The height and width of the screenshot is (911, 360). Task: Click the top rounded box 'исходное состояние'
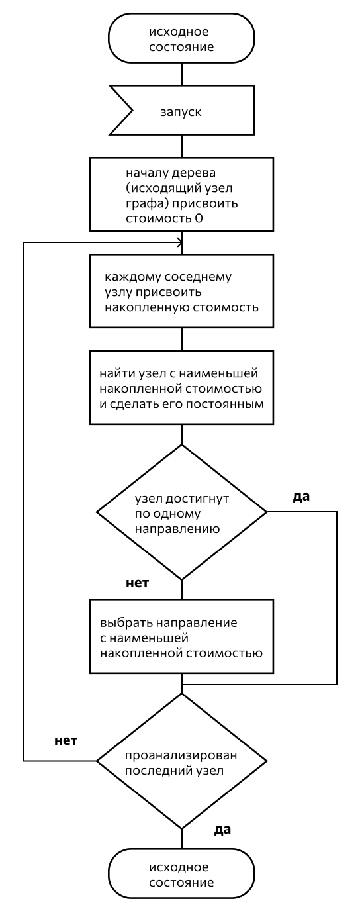(x=181, y=39)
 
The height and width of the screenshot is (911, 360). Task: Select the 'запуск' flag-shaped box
(x=181, y=110)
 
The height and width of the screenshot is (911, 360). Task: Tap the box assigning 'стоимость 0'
(x=181, y=195)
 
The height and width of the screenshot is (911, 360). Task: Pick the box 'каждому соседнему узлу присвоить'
(x=181, y=291)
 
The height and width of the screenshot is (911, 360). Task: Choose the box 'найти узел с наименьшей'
(x=181, y=388)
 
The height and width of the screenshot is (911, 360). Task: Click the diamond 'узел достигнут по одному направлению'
(x=181, y=512)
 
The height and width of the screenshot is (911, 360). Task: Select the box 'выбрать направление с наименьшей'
(x=181, y=637)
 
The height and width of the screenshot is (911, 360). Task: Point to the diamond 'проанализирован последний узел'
(x=181, y=761)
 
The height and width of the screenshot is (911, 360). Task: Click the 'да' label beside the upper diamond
(x=301, y=497)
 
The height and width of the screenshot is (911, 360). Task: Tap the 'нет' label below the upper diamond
(x=138, y=583)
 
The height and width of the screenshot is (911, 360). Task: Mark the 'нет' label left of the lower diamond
(x=66, y=741)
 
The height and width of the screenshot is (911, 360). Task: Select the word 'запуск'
(x=181, y=112)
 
